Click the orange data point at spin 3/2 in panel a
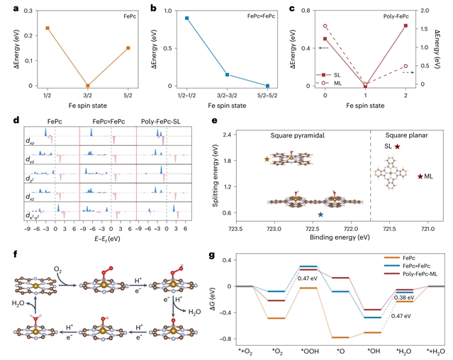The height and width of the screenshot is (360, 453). coord(88,85)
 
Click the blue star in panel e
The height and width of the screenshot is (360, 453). coord(320,214)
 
